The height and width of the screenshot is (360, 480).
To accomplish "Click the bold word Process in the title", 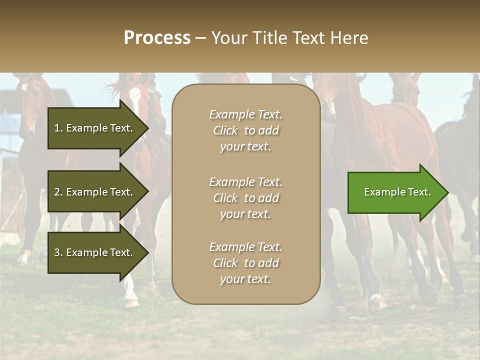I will [157, 38].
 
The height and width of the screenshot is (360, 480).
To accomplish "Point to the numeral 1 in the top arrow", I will [56, 128].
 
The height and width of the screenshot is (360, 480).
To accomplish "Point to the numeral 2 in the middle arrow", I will [57, 192].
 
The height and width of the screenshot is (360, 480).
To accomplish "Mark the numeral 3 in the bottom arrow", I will [57, 252].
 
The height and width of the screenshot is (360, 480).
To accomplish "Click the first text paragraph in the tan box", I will [245, 130].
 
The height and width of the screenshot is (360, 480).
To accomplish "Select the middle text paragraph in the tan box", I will [245, 198].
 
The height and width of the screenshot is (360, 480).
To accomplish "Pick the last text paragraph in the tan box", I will [245, 263].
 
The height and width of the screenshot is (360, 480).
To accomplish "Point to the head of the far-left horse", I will [31, 95].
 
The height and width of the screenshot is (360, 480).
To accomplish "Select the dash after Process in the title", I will [200, 38].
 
